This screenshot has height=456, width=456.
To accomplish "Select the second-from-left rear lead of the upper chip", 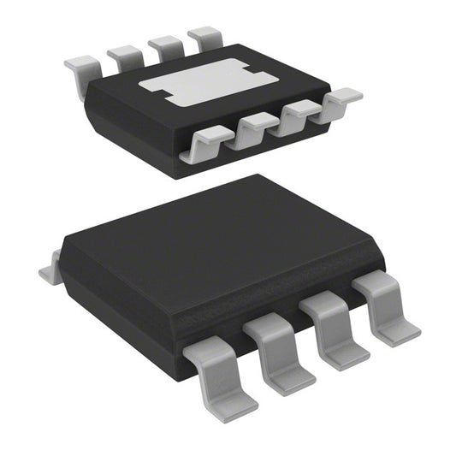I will (126, 56).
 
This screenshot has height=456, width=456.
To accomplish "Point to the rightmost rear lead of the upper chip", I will (206, 37).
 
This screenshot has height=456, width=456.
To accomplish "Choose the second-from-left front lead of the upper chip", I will (255, 128).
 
